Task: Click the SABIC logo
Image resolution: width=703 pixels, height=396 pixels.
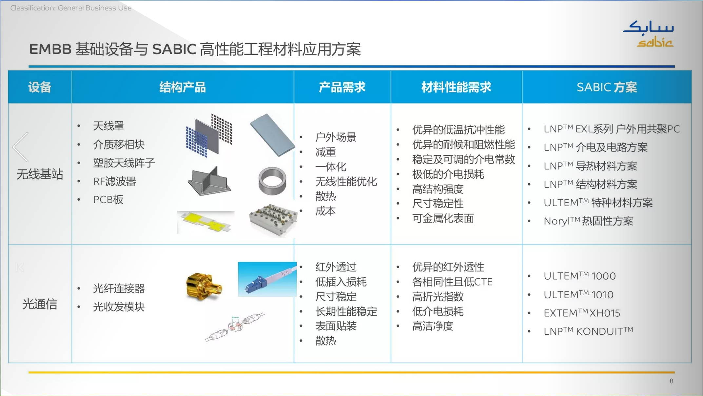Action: click(x=648, y=34)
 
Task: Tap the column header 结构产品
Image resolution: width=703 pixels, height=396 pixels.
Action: click(x=183, y=87)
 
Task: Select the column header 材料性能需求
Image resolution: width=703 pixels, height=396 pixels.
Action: click(x=456, y=87)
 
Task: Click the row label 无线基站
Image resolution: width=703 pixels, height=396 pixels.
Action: click(x=40, y=174)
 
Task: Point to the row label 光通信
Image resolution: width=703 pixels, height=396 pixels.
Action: click(x=40, y=304)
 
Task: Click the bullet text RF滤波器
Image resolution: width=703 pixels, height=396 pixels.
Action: click(x=114, y=181)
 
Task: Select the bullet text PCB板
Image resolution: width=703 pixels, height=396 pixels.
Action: click(x=108, y=200)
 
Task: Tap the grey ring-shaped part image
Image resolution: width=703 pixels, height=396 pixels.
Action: click(x=272, y=181)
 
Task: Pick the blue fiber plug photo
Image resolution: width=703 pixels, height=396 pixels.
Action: click(x=267, y=279)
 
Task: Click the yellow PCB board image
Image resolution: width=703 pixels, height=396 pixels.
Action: click(x=205, y=222)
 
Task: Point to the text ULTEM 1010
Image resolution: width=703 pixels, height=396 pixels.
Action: click(x=578, y=295)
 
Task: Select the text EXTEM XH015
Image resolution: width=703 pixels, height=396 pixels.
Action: click(x=582, y=313)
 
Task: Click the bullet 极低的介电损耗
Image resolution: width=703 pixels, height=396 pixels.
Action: click(x=448, y=174)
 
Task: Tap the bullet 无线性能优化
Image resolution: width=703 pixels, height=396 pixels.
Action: click(x=346, y=182)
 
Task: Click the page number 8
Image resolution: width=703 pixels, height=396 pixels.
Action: click(x=671, y=381)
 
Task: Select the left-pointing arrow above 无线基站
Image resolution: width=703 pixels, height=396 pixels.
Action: click(x=20, y=147)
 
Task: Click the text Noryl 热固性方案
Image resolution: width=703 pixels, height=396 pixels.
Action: click(x=588, y=221)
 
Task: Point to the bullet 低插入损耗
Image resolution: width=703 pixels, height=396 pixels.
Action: click(x=341, y=282)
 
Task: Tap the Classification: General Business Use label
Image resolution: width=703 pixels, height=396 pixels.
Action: click(x=71, y=8)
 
